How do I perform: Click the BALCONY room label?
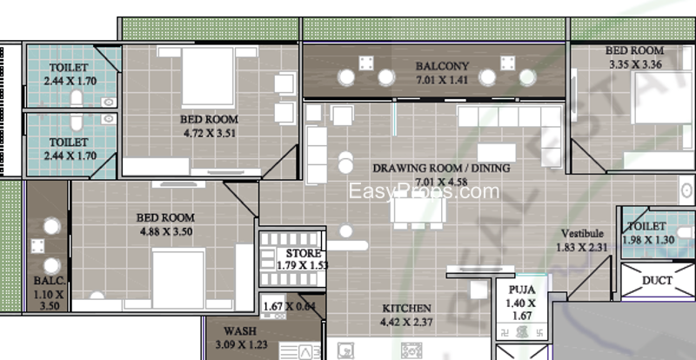[441, 66]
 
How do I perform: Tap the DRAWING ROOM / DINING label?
[441, 169]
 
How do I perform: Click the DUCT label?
[657, 281]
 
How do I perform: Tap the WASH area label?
[239, 331]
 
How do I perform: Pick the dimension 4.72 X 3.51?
[209, 133]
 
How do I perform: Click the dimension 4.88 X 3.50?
[165, 232]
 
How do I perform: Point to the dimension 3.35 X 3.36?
[635, 63]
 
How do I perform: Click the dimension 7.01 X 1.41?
[441, 79]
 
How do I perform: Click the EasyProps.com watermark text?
[424, 192]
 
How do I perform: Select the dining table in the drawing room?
[417, 210]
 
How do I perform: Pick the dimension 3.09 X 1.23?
[239, 344]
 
